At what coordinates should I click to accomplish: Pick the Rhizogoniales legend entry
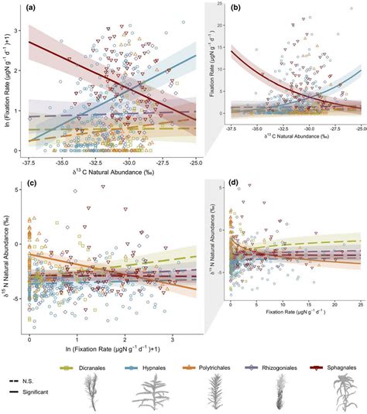[x=282, y=360]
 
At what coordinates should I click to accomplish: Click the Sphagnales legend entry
[x=337, y=360]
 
